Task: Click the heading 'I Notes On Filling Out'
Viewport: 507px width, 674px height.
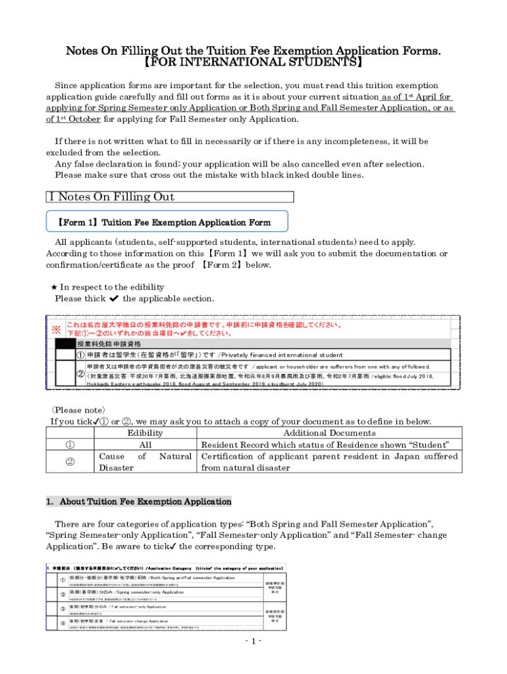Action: click(110, 197)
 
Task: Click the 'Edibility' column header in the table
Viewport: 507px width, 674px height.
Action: click(145, 432)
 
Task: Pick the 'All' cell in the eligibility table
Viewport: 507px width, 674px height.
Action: click(145, 444)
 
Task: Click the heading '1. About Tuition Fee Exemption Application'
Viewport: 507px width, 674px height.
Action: click(139, 502)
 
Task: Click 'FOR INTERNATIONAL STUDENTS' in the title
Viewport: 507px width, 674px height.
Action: click(254, 64)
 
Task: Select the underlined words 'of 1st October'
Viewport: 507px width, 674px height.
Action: click(73, 119)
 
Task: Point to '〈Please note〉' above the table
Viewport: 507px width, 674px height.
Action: click(78, 409)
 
